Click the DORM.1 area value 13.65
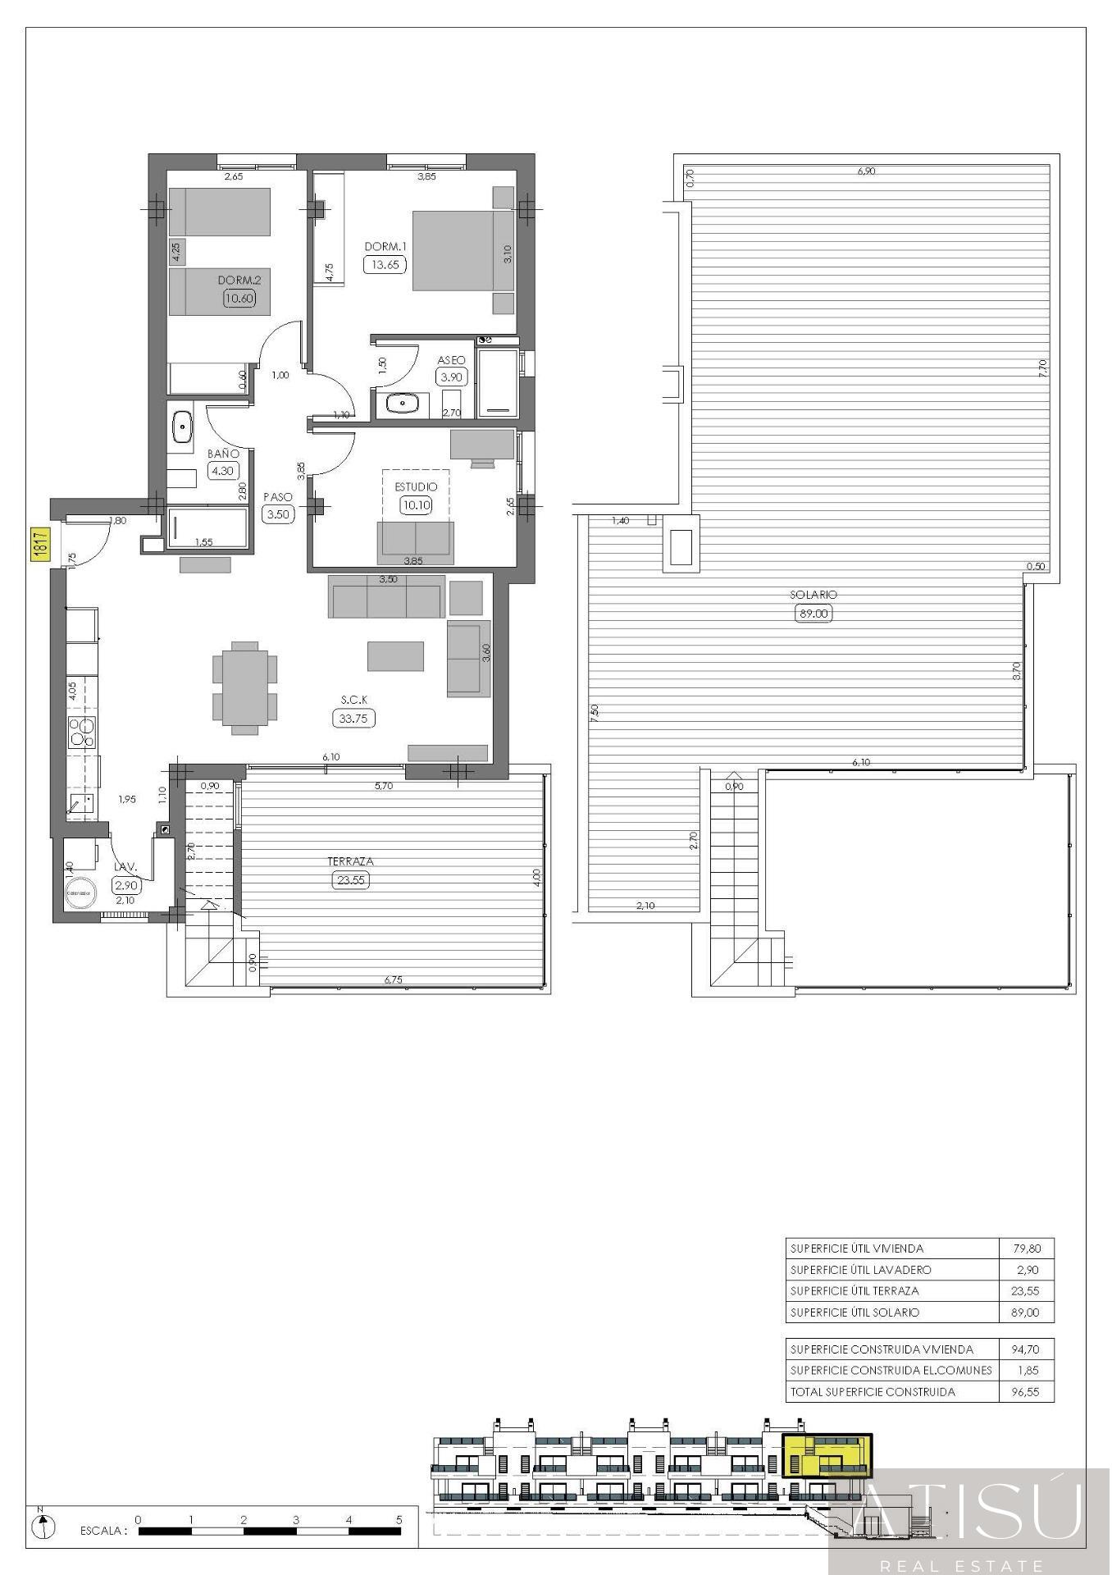[x=385, y=264]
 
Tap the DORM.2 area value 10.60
[x=239, y=299]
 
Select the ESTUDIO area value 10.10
[x=416, y=505]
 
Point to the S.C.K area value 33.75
[x=354, y=718]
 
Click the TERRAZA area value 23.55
[x=350, y=880]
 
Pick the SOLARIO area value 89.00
[x=813, y=613]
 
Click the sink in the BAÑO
[x=181, y=427]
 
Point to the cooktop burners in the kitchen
[x=82, y=731]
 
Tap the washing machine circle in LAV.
[x=80, y=892]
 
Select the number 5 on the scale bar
[x=399, y=1519]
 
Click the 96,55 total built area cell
[x=1025, y=1391]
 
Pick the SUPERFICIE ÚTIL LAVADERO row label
[x=860, y=1270]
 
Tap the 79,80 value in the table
[x=1026, y=1249]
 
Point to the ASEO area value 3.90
[x=451, y=377]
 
